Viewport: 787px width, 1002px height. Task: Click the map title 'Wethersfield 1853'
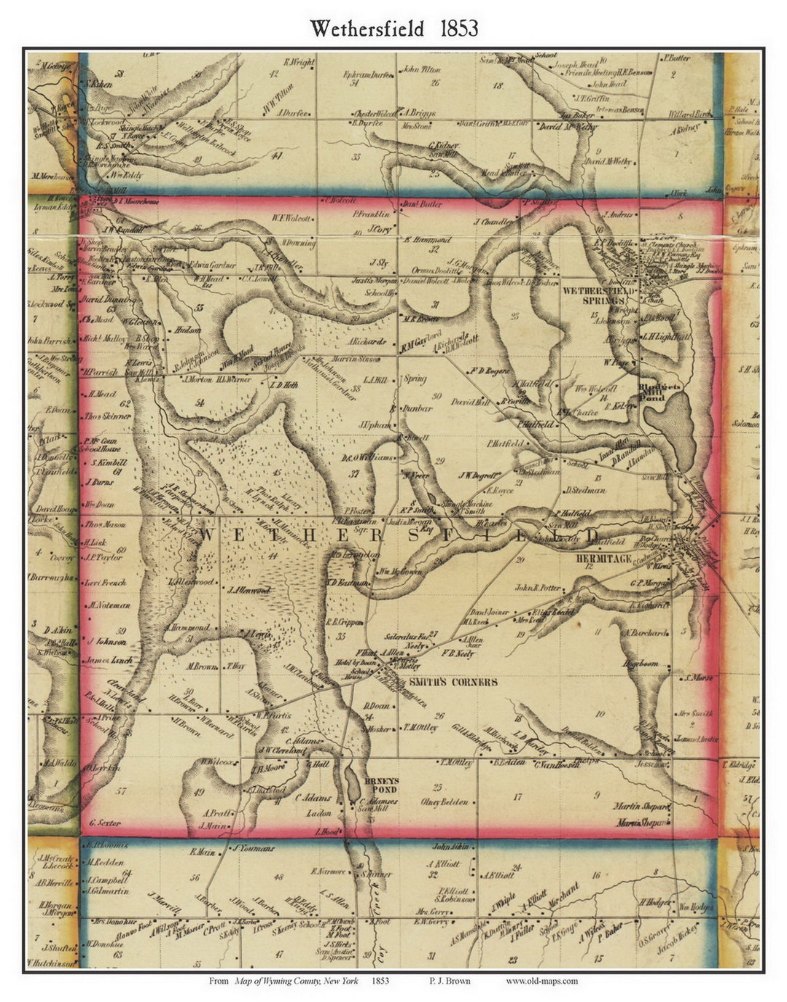393,28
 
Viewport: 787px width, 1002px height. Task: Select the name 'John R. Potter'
539,587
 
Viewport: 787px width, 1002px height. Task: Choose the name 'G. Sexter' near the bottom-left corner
103,823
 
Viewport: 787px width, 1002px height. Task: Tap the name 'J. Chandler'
494,222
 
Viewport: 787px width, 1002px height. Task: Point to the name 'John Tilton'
421,70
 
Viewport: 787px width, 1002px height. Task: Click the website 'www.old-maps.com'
541,981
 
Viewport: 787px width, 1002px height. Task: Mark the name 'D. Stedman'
585,490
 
